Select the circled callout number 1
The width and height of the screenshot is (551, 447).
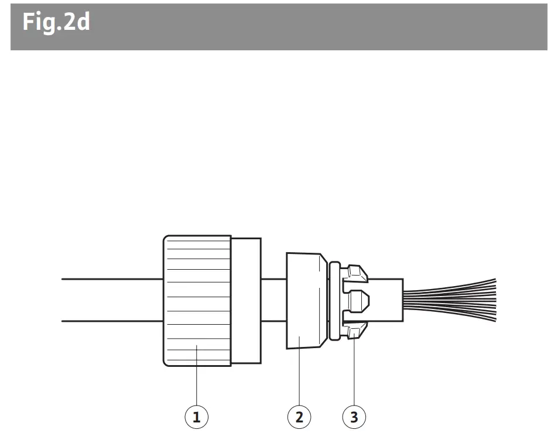click(x=196, y=417)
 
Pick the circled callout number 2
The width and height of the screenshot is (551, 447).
click(x=299, y=417)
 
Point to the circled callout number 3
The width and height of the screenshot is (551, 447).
click(x=354, y=417)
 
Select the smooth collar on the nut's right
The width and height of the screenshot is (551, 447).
click(x=245, y=301)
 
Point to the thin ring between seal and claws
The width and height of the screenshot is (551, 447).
click(x=334, y=301)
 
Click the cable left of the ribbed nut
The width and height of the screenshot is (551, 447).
click(x=111, y=300)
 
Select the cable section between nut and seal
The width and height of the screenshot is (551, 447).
click(x=273, y=300)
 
